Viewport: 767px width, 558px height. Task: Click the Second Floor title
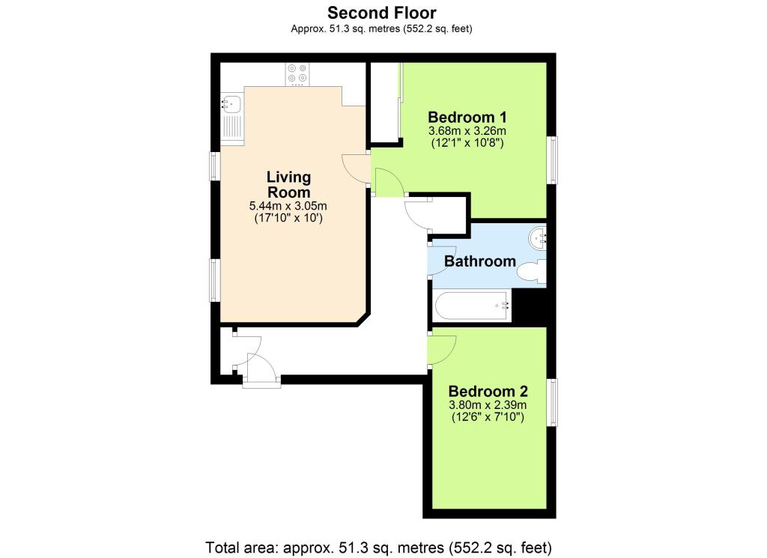click(381, 13)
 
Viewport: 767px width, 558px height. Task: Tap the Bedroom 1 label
click(467, 118)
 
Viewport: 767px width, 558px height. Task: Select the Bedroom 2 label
click(488, 391)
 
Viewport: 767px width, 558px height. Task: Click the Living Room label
click(288, 184)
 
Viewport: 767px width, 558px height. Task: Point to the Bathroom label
click(480, 261)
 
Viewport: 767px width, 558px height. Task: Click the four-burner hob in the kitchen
click(297, 74)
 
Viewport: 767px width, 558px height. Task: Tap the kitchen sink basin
click(231, 103)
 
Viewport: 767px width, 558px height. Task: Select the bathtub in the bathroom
click(472, 306)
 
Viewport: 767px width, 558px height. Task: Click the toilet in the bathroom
click(532, 271)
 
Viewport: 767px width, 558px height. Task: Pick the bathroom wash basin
click(538, 238)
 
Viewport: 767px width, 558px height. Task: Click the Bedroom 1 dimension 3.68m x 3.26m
click(467, 131)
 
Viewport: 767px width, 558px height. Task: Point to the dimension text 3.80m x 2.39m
click(488, 405)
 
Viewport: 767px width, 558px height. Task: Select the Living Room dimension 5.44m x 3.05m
click(288, 206)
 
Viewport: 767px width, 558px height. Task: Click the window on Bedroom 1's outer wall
click(552, 160)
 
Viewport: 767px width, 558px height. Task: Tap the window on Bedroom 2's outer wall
click(552, 402)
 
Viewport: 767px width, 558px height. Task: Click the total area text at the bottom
click(378, 548)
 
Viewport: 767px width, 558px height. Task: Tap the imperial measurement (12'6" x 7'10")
click(488, 417)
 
